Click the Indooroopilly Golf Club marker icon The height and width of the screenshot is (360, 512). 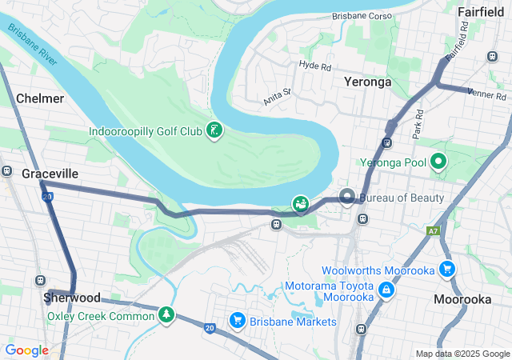214,130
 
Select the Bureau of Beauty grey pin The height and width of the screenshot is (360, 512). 347,196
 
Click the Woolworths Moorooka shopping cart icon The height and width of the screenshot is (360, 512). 446,270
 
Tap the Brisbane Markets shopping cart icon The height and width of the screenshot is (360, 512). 237,320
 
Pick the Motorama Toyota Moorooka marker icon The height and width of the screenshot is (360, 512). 386,290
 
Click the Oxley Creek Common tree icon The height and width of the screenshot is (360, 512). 166,314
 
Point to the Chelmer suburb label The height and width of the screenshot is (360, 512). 39,98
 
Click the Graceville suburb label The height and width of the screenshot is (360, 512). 50,173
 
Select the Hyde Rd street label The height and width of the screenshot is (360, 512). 314,66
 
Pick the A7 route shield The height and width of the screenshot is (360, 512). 433,230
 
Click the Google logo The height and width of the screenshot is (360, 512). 27,350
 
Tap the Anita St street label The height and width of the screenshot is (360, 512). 278,98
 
